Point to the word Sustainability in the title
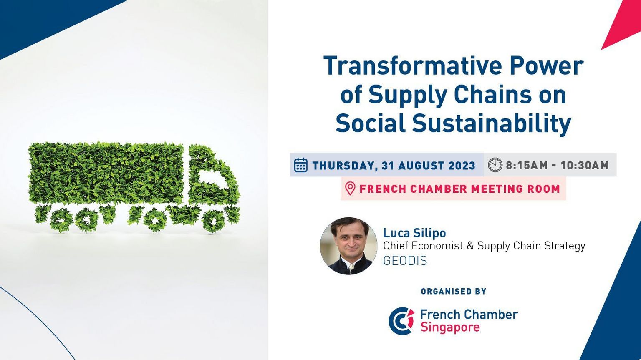(x=491, y=123)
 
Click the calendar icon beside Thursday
(x=301, y=165)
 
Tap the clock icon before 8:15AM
(x=495, y=165)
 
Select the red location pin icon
(x=350, y=189)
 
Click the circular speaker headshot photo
(x=348, y=246)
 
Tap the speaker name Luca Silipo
(x=414, y=233)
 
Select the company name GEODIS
(x=405, y=261)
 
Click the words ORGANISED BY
(x=454, y=291)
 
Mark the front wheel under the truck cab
(x=213, y=221)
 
